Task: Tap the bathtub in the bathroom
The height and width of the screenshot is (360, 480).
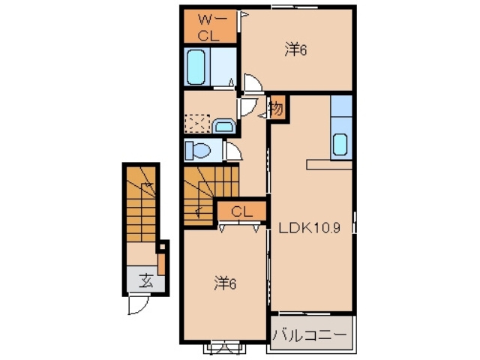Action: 196,67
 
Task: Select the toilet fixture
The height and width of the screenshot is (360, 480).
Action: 198,150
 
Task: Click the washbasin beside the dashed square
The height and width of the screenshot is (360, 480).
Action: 223,126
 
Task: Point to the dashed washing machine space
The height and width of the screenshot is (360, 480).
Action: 197,124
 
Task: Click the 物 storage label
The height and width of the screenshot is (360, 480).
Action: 277,108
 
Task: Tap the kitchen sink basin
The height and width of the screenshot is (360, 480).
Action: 340,144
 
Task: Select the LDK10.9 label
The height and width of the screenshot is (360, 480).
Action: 309,228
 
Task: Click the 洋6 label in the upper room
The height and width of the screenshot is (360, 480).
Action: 295,50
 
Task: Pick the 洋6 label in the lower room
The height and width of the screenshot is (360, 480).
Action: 225,283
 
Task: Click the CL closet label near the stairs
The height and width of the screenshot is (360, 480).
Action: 241,211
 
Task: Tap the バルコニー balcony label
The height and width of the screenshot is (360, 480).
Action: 310,335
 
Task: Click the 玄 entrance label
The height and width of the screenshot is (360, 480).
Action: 145,280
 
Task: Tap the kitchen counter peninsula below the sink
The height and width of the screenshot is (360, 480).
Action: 329,164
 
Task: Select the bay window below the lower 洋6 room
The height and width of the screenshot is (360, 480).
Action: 225,348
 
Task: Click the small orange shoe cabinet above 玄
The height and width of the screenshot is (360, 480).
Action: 161,264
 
